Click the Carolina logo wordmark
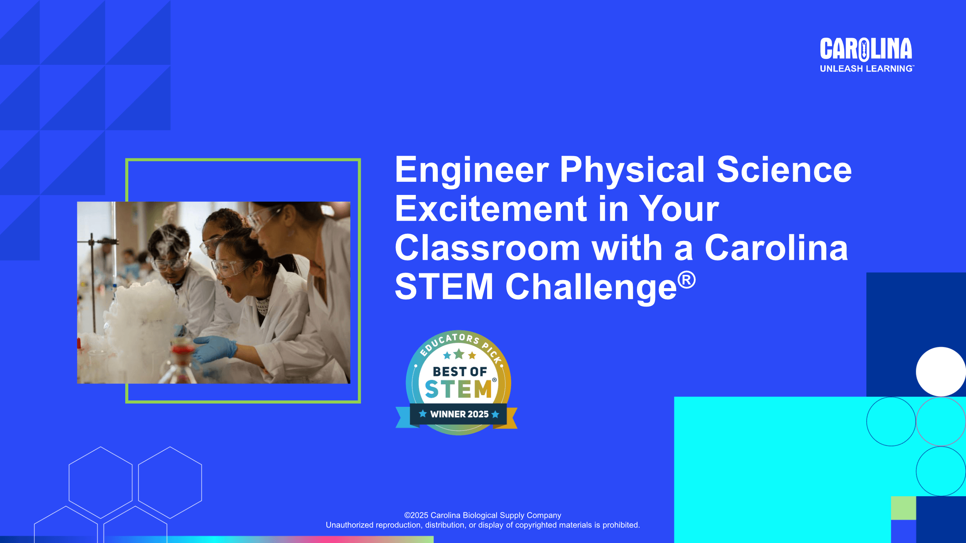866,49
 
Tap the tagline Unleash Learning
867,69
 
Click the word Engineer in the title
472,170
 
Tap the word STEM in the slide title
444,287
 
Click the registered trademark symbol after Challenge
686,280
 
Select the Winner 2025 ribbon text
459,414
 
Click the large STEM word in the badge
458,389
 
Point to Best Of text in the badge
460,371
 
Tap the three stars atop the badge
459,354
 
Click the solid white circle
941,371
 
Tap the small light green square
903,508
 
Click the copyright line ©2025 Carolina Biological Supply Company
483,515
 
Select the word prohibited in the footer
621,525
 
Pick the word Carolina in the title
776,248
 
